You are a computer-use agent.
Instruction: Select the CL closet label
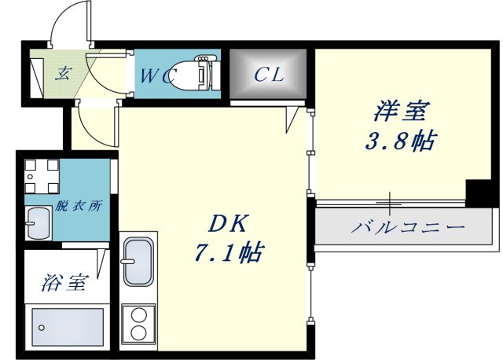click(268, 75)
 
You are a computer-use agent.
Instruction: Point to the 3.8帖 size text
click(399, 141)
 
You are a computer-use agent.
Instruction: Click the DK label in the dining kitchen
click(228, 224)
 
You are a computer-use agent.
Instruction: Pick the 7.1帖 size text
click(228, 253)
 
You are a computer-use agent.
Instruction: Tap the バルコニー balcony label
click(408, 228)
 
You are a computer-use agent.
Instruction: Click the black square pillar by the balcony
click(477, 192)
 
